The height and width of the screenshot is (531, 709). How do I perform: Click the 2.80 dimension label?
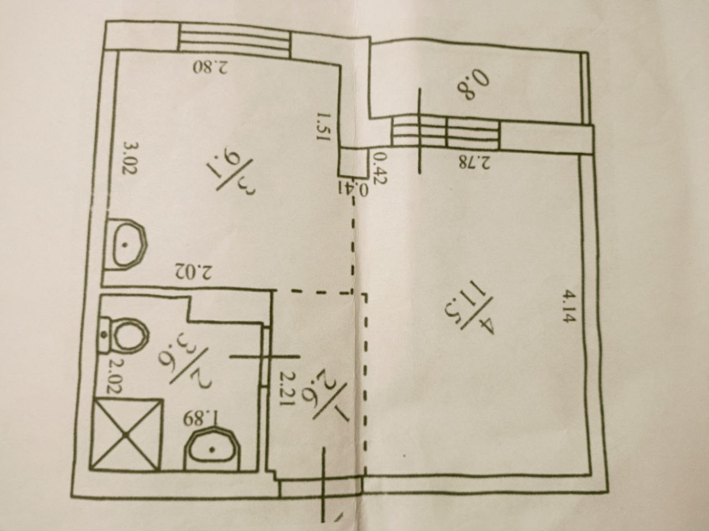[x=211, y=67]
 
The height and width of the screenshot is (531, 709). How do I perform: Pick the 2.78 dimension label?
[x=474, y=162]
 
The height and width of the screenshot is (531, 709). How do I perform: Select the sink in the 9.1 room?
[x=127, y=244]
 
